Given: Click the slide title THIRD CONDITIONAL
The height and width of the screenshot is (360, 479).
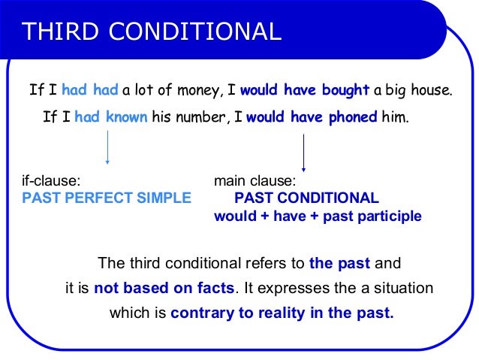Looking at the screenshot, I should pos(152,31).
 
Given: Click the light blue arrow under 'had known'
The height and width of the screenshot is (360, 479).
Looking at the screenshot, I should pos(107,147).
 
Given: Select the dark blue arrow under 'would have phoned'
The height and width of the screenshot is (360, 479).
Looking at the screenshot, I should pos(303,153).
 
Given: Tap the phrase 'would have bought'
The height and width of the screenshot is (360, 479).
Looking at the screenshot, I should pos(305,91).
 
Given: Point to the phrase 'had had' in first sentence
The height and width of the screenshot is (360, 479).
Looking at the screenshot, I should pos(89,91).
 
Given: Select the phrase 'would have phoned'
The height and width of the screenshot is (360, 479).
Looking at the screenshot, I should pos(312,118).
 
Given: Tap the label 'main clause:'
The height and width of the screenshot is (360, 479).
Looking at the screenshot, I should pos(255,181).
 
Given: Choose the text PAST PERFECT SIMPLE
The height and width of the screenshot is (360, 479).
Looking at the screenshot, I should pos(107,198).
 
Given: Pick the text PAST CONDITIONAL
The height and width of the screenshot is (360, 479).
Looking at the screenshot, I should pos(306,198).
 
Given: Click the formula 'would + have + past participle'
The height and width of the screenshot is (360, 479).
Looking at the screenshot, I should pos(318,216).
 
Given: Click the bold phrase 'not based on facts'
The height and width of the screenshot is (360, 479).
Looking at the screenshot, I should pos(164,289).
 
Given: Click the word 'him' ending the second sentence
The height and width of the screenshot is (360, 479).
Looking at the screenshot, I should pos(395,118).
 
